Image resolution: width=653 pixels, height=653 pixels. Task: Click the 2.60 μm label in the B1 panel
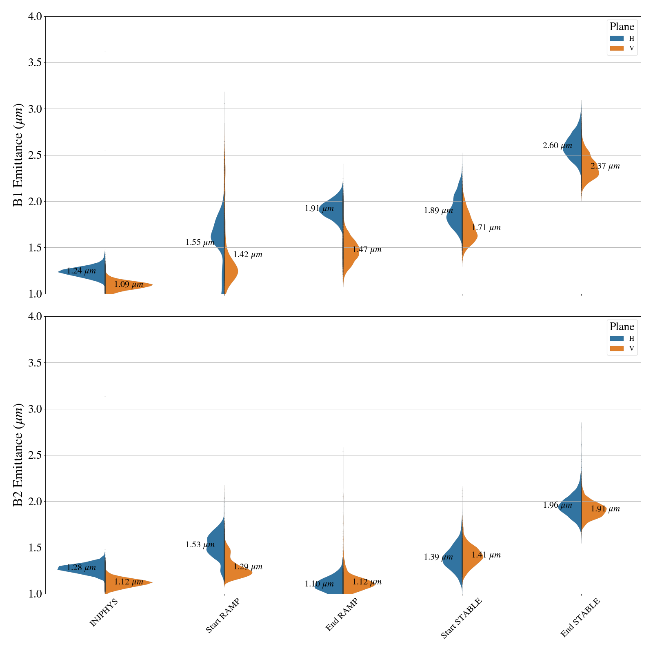[557, 146]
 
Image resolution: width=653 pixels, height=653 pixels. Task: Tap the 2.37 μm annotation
[605, 166]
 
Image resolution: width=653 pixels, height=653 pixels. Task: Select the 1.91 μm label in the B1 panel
[319, 209]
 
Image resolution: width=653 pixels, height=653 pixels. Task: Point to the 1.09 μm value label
[129, 284]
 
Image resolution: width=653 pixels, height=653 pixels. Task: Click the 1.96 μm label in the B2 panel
[557, 505]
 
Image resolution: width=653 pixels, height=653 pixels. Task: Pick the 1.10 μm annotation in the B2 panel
[319, 584]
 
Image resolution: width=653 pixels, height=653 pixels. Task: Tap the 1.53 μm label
[200, 544]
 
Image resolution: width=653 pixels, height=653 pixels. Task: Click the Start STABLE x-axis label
[461, 618]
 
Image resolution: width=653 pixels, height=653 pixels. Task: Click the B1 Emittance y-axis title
[18, 155]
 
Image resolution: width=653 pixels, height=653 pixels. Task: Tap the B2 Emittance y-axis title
[18, 455]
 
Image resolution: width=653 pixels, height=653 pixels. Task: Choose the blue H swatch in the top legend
[617, 38]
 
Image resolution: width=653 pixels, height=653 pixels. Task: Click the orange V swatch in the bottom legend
[617, 349]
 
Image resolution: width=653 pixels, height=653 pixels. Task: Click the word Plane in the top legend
[622, 27]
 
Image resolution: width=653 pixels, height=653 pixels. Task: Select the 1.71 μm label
[486, 228]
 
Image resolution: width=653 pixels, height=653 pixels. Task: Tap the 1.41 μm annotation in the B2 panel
[486, 555]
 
